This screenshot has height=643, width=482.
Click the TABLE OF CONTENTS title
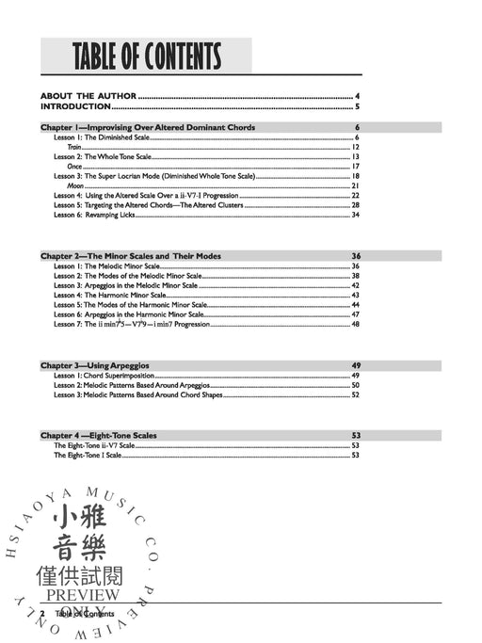pyautogui.click(x=146, y=56)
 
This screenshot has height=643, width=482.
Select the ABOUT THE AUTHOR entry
pyautogui.click(x=88, y=96)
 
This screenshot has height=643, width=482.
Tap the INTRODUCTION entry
pyautogui.click(x=79, y=106)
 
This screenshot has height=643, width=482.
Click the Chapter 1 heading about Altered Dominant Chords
pyautogui.click(x=148, y=127)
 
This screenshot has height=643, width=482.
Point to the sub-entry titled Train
pyautogui.click(x=73, y=147)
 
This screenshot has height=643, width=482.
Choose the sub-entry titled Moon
pyautogui.click(x=75, y=185)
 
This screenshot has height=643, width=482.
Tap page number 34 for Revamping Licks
pyautogui.click(x=356, y=215)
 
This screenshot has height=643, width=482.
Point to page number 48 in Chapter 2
pyautogui.click(x=356, y=324)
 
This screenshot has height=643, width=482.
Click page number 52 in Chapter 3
pyautogui.click(x=356, y=394)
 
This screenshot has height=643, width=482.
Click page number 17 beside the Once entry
pyautogui.click(x=356, y=166)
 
